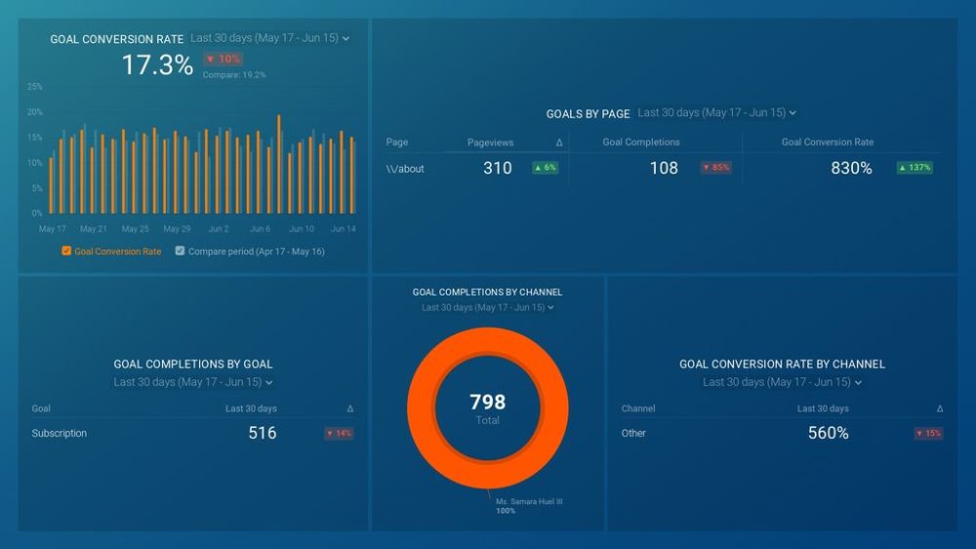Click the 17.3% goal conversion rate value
pyautogui.click(x=157, y=65)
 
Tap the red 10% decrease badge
pyautogui.click(x=223, y=59)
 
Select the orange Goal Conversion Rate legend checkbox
pyautogui.click(x=66, y=252)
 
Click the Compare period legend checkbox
pyautogui.click(x=180, y=252)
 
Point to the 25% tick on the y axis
pyautogui.click(x=34, y=87)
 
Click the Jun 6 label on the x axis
pyautogui.click(x=260, y=229)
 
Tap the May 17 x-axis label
pyautogui.click(x=52, y=229)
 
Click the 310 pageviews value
pyautogui.click(x=497, y=169)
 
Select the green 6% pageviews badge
pyautogui.click(x=545, y=168)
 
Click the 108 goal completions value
pyautogui.click(x=664, y=169)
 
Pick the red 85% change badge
pyautogui.click(x=715, y=168)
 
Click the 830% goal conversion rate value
pyautogui.click(x=851, y=169)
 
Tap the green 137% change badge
pyautogui.click(x=915, y=168)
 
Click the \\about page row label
pyautogui.click(x=405, y=169)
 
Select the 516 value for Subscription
pyautogui.click(x=262, y=433)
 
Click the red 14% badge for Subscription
pyautogui.click(x=339, y=433)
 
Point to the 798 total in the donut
pyautogui.click(x=487, y=402)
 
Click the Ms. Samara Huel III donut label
pyautogui.click(x=529, y=502)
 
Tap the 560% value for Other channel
pyautogui.click(x=828, y=433)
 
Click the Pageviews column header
pyautogui.click(x=490, y=142)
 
